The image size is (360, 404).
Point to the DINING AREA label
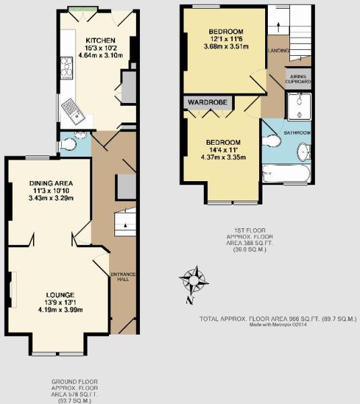tap(50, 183)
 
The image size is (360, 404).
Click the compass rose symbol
tap(194, 277)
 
